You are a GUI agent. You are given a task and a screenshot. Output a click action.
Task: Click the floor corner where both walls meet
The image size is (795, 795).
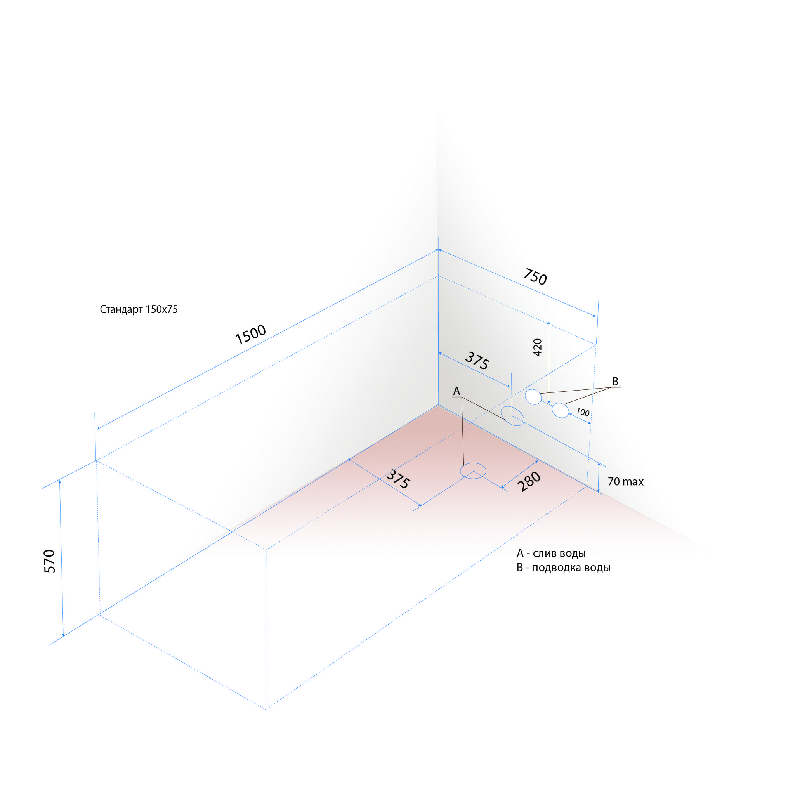[x=438, y=405]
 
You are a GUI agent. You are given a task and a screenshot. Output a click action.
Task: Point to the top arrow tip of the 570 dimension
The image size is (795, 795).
[x=60, y=480]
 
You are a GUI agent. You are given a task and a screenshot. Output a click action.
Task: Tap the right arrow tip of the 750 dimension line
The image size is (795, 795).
[x=595, y=316]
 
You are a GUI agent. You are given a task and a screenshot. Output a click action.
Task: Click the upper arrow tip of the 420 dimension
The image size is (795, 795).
[x=549, y=322]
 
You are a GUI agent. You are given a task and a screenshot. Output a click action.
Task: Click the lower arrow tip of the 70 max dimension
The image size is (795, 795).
[x=599, y=492]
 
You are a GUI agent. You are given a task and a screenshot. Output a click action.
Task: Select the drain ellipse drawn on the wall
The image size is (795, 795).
[x=512, y=416]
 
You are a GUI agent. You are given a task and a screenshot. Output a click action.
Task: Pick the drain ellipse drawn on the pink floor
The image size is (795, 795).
[x=473, y=472]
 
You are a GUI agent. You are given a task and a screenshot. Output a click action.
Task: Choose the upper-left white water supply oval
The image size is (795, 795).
[x=533, y=397]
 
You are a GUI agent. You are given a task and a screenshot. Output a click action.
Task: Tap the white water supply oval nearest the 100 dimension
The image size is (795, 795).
[x=561, y=410]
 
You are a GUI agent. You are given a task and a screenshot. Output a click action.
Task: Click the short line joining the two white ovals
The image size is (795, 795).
[x=547, y=403]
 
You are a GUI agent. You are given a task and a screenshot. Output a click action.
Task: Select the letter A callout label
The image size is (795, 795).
[x=457, y=391]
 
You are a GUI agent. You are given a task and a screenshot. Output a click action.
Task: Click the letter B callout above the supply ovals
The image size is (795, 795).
[x=615, y=381]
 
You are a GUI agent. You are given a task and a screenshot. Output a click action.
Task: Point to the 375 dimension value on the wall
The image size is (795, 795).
[x=477, y=361]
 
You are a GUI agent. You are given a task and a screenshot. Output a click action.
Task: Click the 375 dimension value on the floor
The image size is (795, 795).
[x=398, y=479]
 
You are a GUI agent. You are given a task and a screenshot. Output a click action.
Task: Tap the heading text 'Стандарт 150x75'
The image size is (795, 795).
[x=139, y=309]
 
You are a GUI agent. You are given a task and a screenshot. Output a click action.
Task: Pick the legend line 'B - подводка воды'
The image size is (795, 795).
[x=563, y=568]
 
